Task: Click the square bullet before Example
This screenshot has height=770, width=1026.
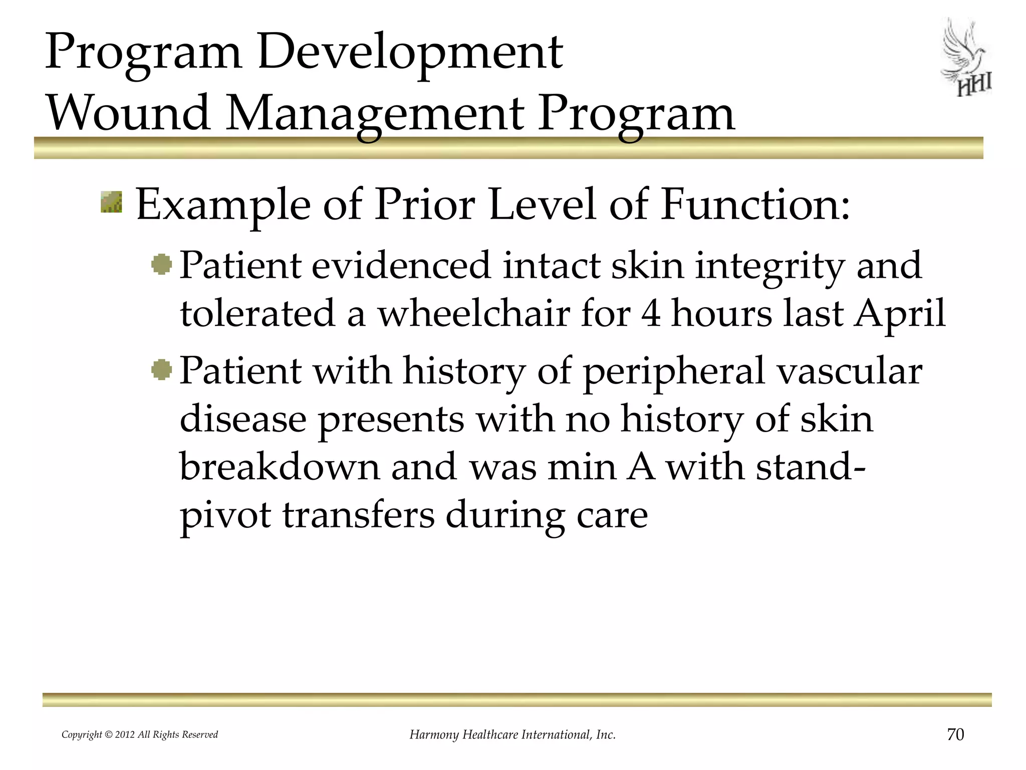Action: [111, 202]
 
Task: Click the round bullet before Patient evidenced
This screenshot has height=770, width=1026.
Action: [162, 264]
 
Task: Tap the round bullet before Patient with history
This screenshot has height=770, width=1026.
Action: [162, 370]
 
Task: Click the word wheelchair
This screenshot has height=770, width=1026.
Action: [473, 313]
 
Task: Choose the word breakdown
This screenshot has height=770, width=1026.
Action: [280, 466]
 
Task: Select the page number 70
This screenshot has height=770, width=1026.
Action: [955, 734]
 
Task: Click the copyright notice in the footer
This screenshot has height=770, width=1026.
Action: [140, 735]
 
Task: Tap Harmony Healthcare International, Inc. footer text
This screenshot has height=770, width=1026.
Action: [512, 735]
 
